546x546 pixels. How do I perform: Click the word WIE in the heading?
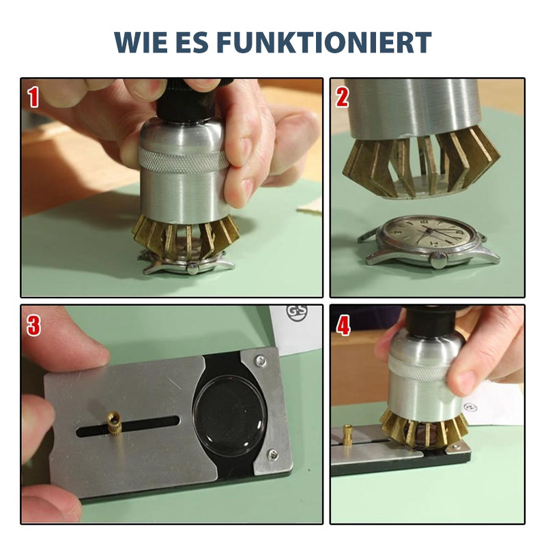coord(141,42)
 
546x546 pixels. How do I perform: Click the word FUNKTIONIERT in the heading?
coord(324,42)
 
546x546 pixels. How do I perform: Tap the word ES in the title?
coord(192,42)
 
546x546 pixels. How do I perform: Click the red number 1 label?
coord(33,97)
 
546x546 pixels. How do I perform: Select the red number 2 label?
coord(342,97)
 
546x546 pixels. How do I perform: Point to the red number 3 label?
coord(33,326)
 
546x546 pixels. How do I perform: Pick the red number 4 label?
coord(343,326)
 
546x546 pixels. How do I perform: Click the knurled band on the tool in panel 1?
coord(183,161)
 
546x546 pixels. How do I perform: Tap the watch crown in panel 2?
coord(438,259)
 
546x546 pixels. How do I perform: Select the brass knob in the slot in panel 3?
coord(114,422)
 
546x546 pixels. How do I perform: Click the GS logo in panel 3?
coord(297,313)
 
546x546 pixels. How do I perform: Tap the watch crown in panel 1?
coord(192,268)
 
